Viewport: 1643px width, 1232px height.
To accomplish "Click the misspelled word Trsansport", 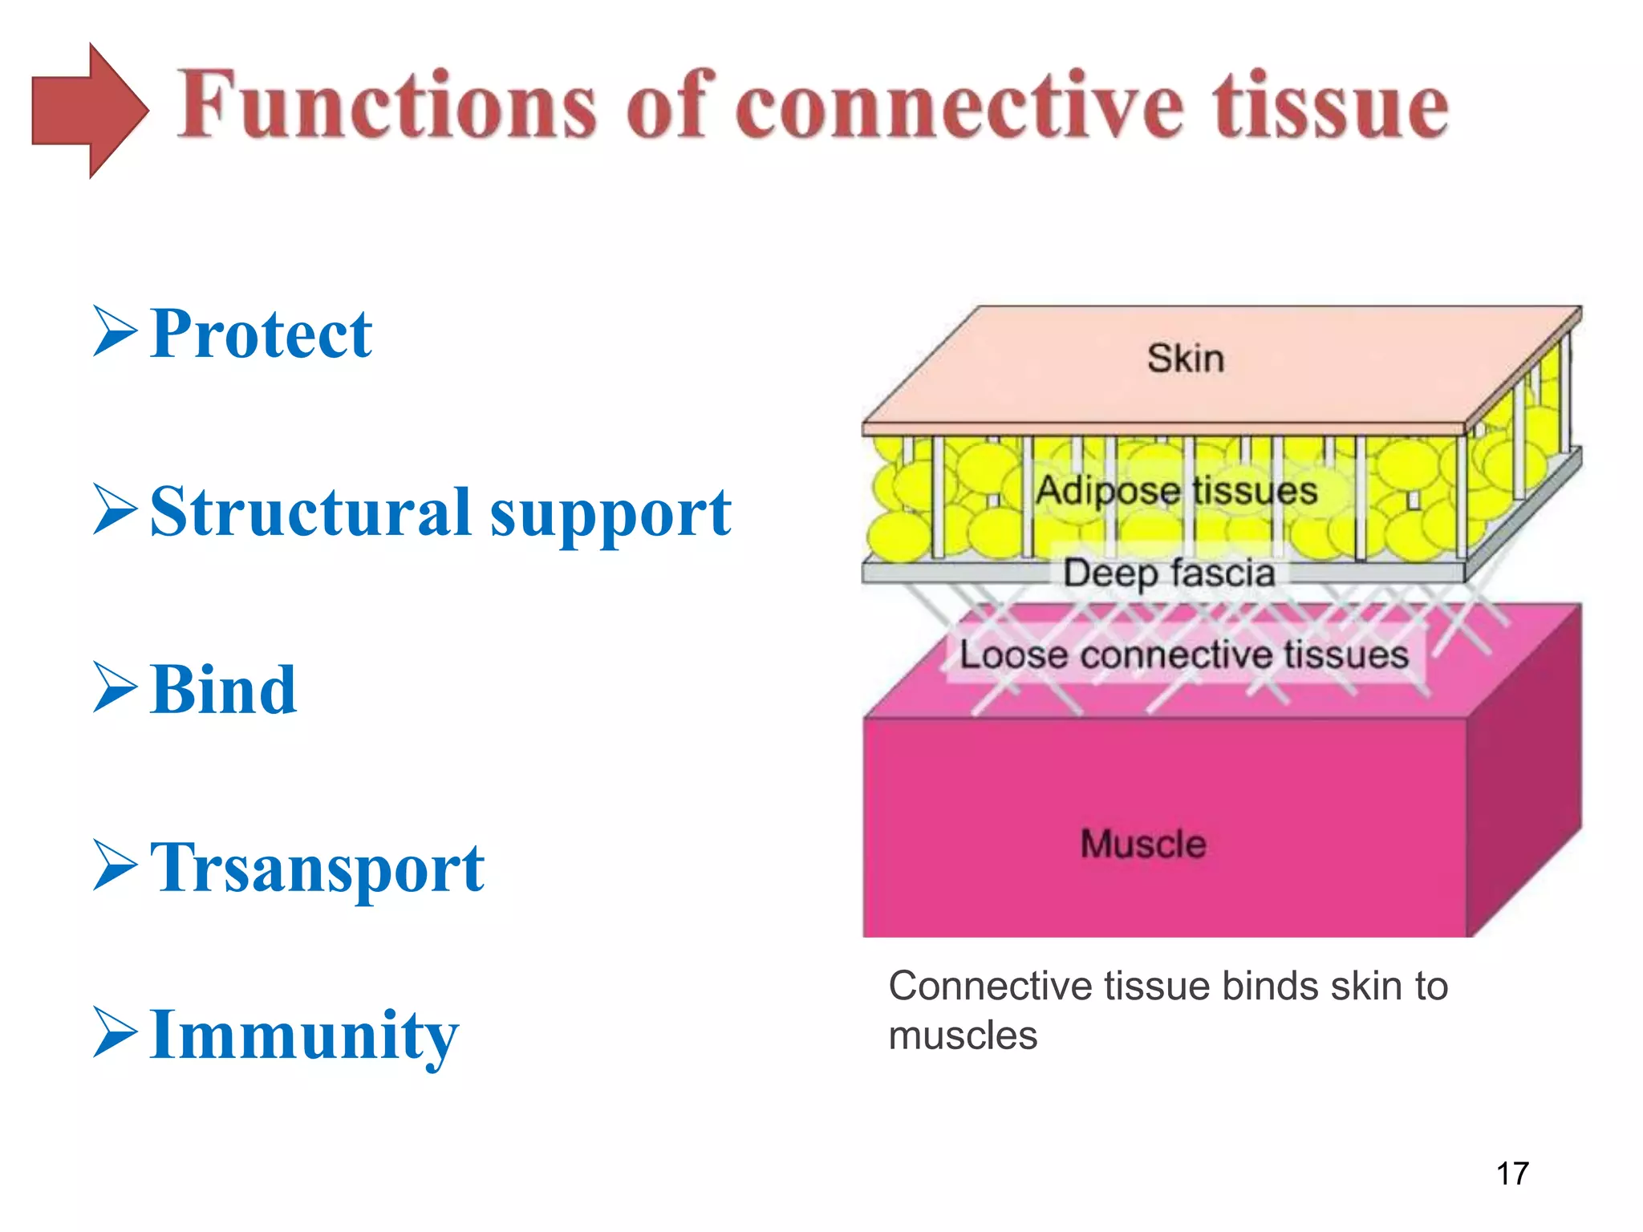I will [317, 869].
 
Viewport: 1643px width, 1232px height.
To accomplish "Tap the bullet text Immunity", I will [304, 1036].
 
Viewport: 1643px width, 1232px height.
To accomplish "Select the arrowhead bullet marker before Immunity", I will [115, 1032].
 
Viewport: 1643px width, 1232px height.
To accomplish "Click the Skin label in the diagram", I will [1185, 359].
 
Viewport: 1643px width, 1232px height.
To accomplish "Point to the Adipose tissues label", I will [1176, 490].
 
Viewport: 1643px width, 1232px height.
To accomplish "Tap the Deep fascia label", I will [1169, 573].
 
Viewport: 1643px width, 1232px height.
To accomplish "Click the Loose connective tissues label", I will [1184, 654].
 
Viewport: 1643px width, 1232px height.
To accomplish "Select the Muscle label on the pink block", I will [1142, 844].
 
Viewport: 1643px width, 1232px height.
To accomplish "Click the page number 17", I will [1512, 1173].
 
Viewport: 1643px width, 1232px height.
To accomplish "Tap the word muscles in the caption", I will [962, 1035].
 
